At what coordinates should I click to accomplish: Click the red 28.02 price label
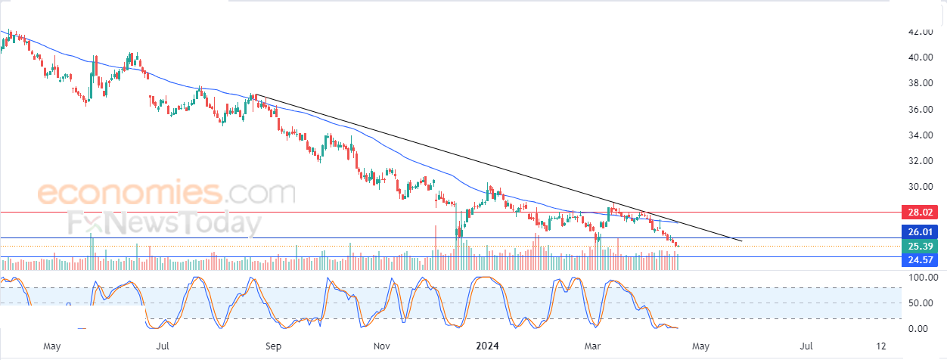point(923,213)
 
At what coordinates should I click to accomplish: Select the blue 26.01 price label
point(923,232)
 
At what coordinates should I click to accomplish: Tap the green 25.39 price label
point(923,247)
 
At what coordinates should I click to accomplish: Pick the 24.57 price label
point(923,260)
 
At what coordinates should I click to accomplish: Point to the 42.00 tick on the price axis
point(923,33)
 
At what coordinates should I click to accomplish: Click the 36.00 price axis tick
point(923,110)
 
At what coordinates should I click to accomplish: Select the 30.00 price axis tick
point(923,187)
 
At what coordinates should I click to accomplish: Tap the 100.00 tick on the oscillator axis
point(921,278)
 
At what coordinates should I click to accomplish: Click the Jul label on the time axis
point(162,346)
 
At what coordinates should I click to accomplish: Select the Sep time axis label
point(274,346)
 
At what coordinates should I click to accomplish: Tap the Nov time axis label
point(382,346)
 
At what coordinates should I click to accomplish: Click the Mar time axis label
point(593,346)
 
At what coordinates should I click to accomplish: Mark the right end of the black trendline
point(742,241)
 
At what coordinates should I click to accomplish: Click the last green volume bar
point(678,262)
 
